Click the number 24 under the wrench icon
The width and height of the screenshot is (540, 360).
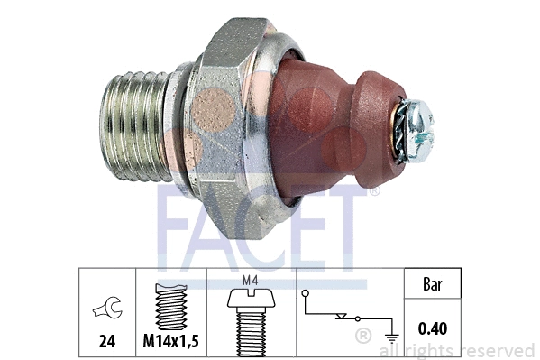pos(107,341)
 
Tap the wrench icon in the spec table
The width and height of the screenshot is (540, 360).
pos(108,308)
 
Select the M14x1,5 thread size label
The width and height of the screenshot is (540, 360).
pos(170,341)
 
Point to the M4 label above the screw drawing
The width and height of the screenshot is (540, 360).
pos(251,281)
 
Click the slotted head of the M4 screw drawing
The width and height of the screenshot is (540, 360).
pos(252,299)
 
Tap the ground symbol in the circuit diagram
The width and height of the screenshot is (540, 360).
pos(392,338)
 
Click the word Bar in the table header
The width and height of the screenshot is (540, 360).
pos(433,284)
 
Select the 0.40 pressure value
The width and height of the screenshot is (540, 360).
pos(433,328)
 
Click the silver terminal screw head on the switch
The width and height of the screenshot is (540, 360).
pos(419,130)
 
